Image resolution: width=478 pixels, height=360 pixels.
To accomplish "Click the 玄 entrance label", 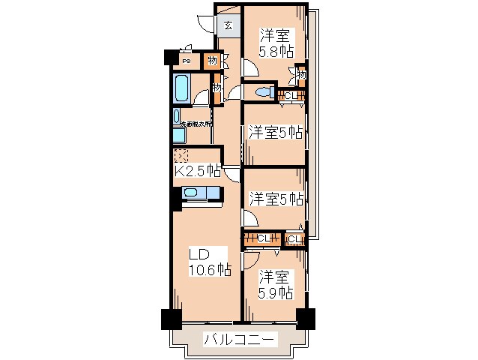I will click(x=228, y=26).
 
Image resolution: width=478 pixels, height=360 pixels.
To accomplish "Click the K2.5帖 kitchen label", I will click(x=197, y=170).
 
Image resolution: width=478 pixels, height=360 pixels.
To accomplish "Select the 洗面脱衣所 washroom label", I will click(x=194, y=124).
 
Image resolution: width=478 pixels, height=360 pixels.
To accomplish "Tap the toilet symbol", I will click(x=261, y=92).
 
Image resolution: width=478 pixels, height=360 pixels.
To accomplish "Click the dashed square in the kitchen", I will click(x=181, y=155).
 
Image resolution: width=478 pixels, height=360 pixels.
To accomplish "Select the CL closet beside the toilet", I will click(x=291, y=95).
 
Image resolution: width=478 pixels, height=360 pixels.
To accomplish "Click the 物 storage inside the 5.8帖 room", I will click(x=301, y=73).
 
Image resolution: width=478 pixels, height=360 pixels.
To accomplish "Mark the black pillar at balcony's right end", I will click(x=305, y=318).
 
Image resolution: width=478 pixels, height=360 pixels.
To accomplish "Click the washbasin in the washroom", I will click(x=177, y=118).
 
